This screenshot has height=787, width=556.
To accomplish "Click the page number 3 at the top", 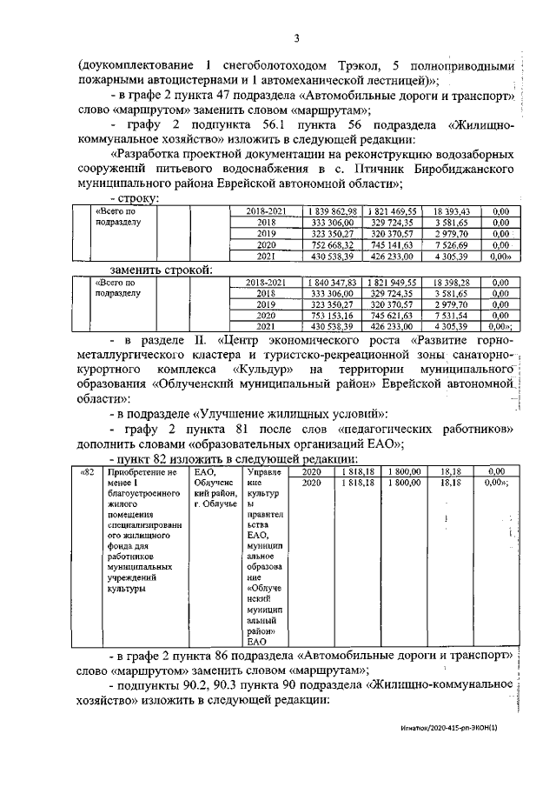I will tap(297, 38).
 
